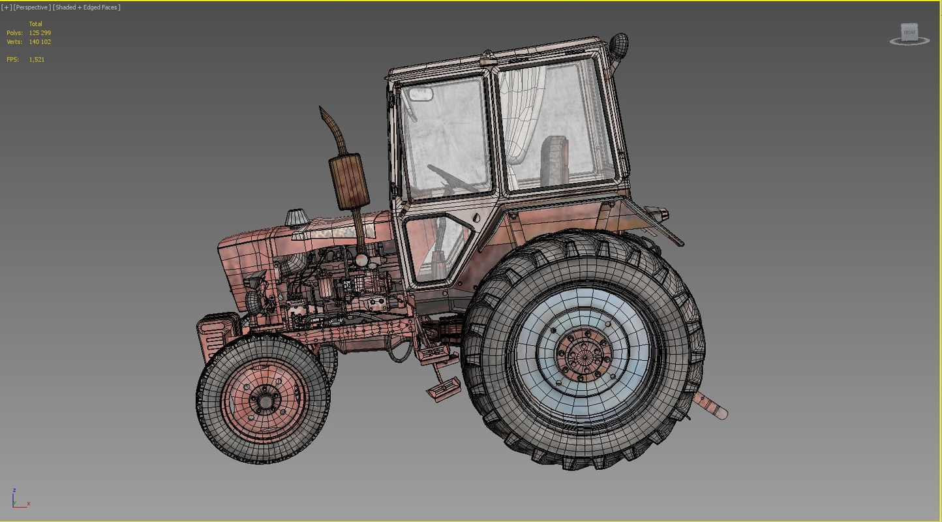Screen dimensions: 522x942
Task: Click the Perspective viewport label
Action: [x=31, y=7]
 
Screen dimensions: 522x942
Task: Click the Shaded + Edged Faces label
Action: [x=87, y=7]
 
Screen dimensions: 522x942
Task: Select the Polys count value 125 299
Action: [x=40, y=33]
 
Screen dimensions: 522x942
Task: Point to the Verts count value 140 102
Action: [x=40, y=42]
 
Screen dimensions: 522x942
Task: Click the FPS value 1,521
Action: [x=37, y=59]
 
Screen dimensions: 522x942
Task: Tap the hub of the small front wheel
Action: [x=264, y=399]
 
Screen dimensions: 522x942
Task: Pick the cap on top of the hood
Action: [x=296, y=217]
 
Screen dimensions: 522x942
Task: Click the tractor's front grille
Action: [x=215, y=336]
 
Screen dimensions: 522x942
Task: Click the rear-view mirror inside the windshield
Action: [x=421, y=94]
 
